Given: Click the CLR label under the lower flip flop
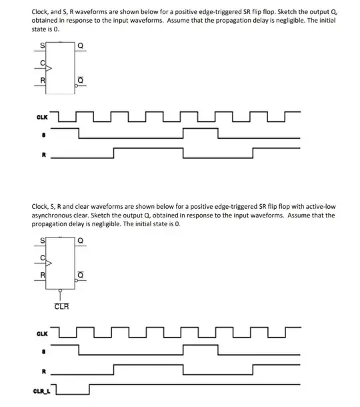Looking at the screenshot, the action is (x=62, y=306).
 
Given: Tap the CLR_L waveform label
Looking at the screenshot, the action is (x=41, y=391).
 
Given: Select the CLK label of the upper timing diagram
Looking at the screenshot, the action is (x=42, y=117).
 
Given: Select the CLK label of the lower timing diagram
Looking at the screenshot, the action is (x=42, y=334).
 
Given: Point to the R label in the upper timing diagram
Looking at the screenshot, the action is (x=44, y=155).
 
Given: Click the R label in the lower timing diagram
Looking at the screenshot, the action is (x=44, y=372).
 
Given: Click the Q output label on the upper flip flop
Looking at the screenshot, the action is (x=81, y=45).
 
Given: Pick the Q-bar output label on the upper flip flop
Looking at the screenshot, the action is (x=81, y=80).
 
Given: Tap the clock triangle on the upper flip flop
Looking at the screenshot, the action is (x=49, y=69).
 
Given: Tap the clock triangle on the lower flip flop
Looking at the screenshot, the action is (x=49, y=263).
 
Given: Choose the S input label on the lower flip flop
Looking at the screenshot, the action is (x=42, y=241).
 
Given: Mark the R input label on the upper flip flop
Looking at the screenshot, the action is (x=43, y=80).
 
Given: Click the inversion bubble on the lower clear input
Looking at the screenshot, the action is (x=60, y=290).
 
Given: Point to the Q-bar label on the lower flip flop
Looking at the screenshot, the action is (x=81, y=274).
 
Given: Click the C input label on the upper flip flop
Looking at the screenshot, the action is (x=43, y=63).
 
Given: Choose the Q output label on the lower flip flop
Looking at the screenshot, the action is (x=81, y=241).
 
